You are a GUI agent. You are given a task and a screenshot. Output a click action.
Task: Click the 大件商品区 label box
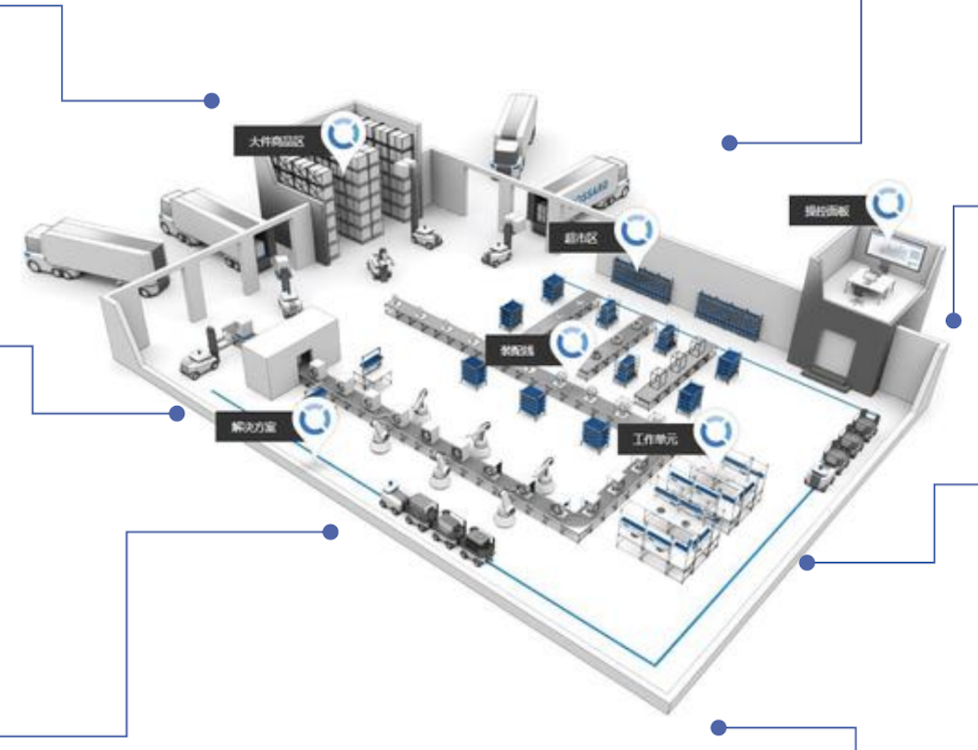coord(277,141)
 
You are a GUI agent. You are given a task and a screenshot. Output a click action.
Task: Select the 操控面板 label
coord(827,211)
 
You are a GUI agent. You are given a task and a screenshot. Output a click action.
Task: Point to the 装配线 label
coord(518,351)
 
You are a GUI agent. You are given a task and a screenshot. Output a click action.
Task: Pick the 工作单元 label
coord(655,439)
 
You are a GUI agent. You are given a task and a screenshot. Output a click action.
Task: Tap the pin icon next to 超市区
coord(636,231)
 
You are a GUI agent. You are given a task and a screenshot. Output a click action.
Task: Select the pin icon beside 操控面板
coord(888,204)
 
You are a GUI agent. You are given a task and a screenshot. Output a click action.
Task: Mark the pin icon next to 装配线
coord(571,344)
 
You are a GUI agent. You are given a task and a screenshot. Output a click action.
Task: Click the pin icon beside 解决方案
coord(313,421)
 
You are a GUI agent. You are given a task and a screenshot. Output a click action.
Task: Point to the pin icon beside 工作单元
coord(714,433)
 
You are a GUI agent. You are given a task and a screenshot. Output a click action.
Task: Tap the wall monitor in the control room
coord(897,251)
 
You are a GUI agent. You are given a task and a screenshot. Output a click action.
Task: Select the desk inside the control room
coord(867,284)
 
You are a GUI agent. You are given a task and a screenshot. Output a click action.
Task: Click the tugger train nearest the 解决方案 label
coord(437,520)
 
